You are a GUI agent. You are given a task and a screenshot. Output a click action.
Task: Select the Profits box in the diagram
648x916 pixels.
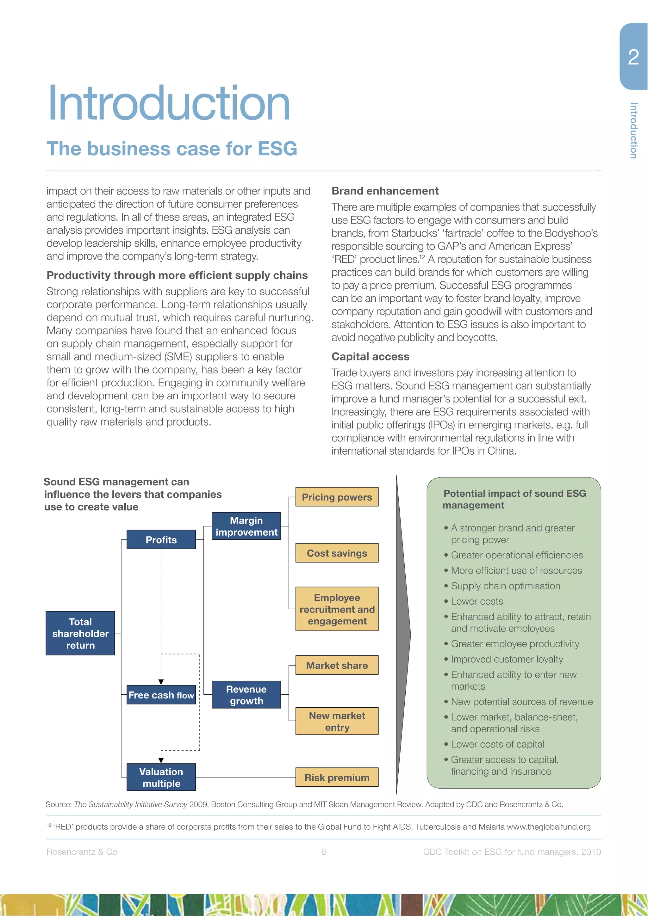tap(161, 539)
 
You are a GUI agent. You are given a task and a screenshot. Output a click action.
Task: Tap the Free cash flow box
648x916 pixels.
tap(161, 695)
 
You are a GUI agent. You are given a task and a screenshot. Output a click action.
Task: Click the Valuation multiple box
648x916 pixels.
tap(161, 777)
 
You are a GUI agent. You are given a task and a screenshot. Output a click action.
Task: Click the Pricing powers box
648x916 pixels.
tap(337, 497)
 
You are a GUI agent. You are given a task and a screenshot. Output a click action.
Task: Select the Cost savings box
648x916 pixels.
tap(337, 553)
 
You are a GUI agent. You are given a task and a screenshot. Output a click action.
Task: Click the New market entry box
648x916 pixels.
tap(337, 721)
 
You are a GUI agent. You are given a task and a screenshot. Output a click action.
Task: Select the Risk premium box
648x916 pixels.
tap(337, 777)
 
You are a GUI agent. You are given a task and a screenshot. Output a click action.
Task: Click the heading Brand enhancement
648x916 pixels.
tap(385, 191)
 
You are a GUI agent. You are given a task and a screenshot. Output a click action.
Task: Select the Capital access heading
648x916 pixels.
tap(370, 356)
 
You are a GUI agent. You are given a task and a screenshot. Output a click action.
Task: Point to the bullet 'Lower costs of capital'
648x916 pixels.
tap(497, 744)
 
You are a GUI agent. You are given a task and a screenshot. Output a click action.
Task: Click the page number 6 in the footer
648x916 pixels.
tap(324, 852)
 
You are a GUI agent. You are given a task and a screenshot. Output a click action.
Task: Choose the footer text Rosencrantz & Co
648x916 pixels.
tap(82, 852)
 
